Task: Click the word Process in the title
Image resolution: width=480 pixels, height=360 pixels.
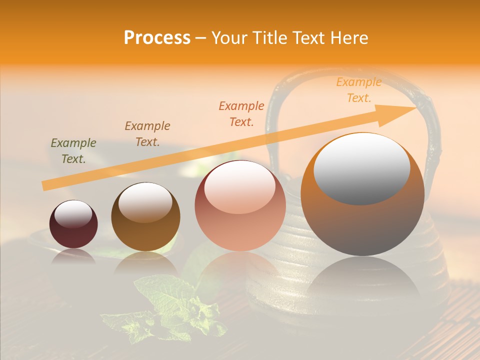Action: tap(157, 38)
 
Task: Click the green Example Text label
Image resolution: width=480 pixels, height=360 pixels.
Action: tap(73, 151)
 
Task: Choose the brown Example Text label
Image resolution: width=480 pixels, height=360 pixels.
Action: tap(147, 133)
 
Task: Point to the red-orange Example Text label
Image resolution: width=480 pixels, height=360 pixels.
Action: tap(241, 113)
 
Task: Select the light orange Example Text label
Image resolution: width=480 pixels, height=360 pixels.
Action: tap(358, 90)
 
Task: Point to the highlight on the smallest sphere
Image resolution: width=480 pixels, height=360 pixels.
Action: tap(73, 214)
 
